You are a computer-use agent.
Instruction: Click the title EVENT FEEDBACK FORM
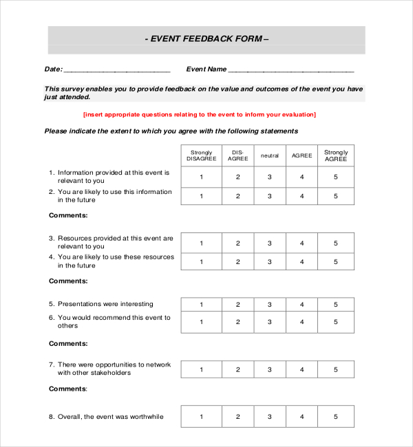(x=206, y=39)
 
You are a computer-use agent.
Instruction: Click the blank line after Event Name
(x=290, y=69)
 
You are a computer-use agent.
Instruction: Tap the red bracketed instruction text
(x=200, y=115)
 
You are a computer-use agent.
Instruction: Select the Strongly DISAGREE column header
(x=201, y=155)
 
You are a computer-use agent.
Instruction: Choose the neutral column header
(x=270, y=155)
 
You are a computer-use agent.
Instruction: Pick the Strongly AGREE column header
(x=336, y=155)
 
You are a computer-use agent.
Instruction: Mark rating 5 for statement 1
(x=336, y=177)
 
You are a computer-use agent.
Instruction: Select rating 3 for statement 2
(x=270, y=196)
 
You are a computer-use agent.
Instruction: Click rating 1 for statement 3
(x=201, y=243)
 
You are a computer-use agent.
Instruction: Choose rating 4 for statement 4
(x=301, y=262)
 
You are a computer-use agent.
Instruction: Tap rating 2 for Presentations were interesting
(x=237, y=305)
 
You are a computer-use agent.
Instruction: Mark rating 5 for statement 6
(x=336, y=322)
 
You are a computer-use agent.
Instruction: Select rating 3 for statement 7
(x=270, y=369)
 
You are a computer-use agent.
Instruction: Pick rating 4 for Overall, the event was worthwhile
(x=301, y=417)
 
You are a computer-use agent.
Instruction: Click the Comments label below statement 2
(x=68, y=215)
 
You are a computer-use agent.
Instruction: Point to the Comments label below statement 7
(x=68, y=389)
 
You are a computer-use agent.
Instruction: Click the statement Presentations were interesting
(x=105, y=304)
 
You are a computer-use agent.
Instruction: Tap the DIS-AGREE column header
(x=237, y=155)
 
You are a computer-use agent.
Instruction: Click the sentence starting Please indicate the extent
(x=171, y=131)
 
